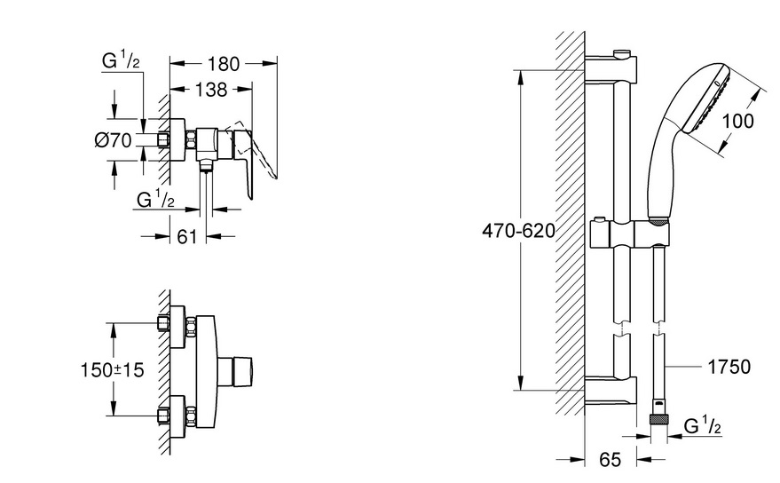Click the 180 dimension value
click(223, 64)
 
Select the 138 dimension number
click(211, 90)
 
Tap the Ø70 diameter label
click(114, 140)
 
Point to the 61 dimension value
click(187, 236)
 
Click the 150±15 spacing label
click(113, 370)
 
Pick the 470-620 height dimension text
click(518, 231)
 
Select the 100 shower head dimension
click(737, 121)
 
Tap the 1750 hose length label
click(729, 367)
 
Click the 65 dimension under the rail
click(610, 460)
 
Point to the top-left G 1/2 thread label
click(121, 60)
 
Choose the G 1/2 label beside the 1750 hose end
click(703, 426)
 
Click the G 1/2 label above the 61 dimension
click(155, 199)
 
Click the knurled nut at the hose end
click(659, 419)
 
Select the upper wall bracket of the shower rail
click(611, 67)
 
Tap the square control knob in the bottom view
click(238, 371)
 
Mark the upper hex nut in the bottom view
click(191, 326)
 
